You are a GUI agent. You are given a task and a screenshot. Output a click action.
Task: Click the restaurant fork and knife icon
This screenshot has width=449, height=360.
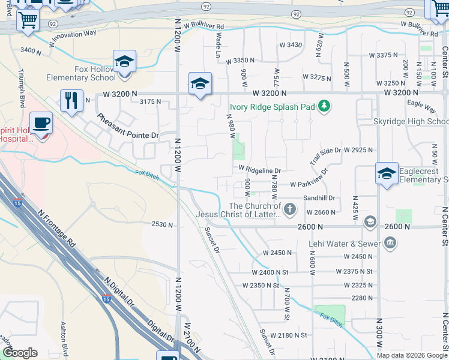click(72, 100)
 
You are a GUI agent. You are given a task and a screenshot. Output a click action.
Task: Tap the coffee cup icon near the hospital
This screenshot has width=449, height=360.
click(41, 123)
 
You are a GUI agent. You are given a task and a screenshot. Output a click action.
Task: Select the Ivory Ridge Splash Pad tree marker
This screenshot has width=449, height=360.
click(324, 107)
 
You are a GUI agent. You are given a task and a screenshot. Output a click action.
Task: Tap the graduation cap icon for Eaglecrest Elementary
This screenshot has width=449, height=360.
click(387, 174)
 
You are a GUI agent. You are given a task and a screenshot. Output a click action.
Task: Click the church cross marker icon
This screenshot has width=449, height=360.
click(290, 209)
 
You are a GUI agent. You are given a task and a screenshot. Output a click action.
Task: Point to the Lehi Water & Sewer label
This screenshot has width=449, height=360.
click(344, 244)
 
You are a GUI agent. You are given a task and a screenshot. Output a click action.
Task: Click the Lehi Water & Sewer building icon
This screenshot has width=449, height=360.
click(390, 243)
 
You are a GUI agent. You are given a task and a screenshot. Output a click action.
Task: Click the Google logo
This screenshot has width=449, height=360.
click(20, 353)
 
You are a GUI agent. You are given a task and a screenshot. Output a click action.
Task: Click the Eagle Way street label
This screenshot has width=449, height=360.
click(420, 106)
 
